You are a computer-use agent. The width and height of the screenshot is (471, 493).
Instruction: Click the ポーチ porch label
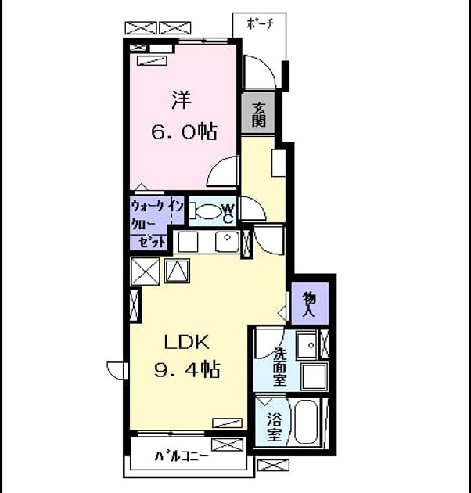click(260, 23)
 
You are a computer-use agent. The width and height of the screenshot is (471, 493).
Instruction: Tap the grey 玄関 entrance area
click(258, 113)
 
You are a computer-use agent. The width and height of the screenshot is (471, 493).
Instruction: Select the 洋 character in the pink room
click(182, 100)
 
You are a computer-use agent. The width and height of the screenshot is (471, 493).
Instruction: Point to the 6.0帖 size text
click(184, 131)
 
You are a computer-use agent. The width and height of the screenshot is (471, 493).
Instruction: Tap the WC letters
click(228, 213)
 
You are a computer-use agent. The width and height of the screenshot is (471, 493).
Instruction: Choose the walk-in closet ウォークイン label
click(157, 207)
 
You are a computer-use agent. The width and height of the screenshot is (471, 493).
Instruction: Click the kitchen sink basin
click(227, 242)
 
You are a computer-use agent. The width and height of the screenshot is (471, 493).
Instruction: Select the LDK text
click(186, 342)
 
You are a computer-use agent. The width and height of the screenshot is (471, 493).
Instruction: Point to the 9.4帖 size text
click(187, 369)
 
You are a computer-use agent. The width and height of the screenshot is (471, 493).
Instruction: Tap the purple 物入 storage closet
click(310, 304)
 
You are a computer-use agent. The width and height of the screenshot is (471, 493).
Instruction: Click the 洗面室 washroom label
click(279, 366)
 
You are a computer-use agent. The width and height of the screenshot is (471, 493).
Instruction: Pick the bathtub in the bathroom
click(306, 422)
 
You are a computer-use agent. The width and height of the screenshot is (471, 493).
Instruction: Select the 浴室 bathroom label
click(274, 426)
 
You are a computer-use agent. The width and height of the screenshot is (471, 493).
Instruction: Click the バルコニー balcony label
click(182, 456)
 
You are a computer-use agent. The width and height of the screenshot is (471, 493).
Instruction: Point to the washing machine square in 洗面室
click(315, 376)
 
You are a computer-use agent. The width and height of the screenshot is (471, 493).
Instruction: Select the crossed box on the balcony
click(227, 445)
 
